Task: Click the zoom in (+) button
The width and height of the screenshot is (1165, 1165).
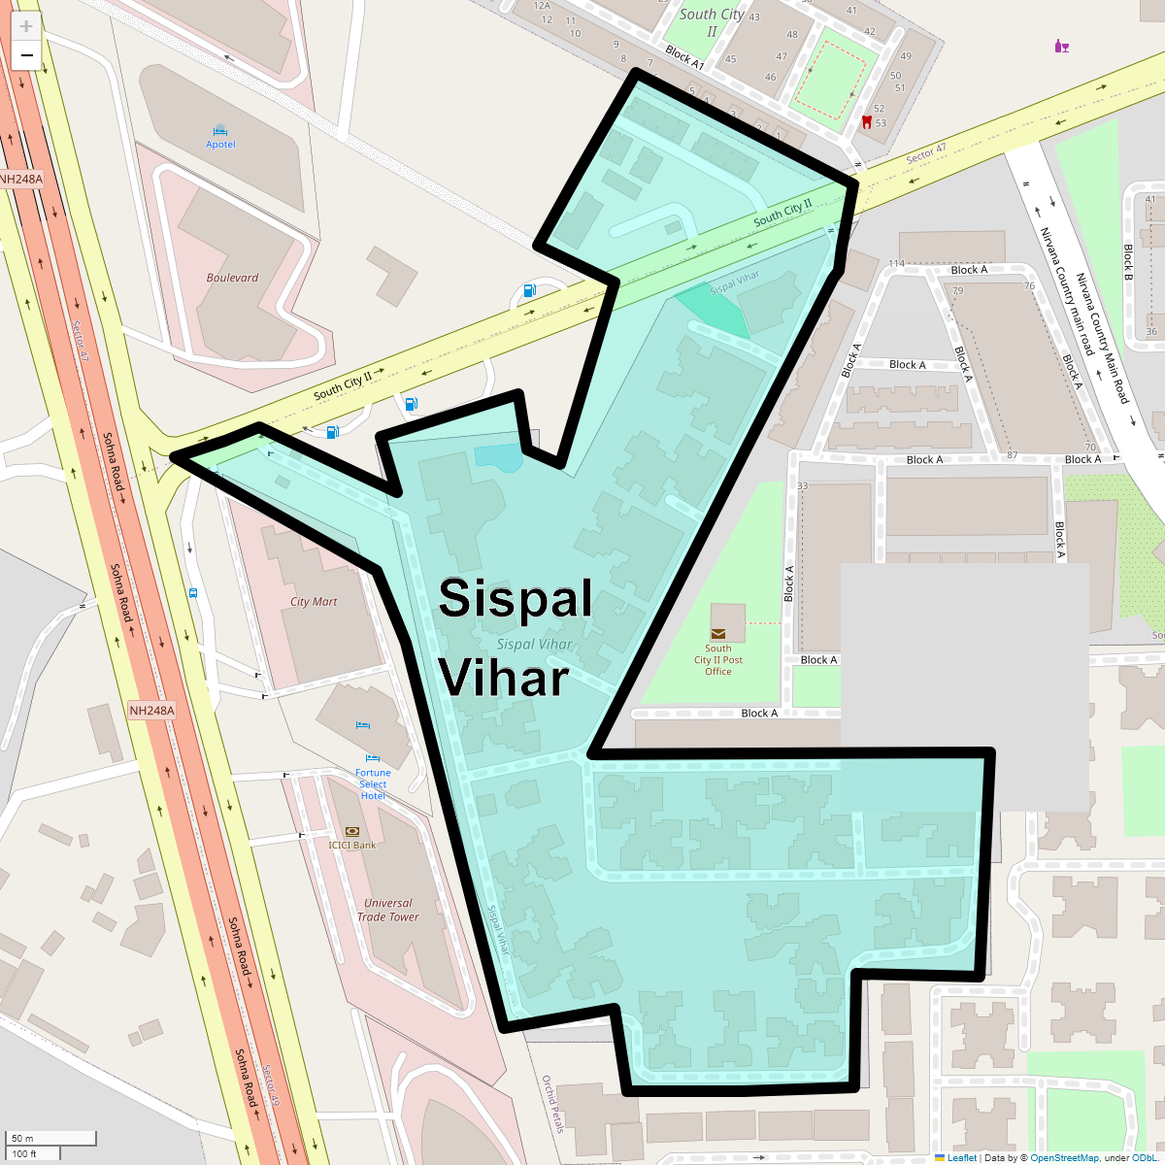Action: pos(26,27)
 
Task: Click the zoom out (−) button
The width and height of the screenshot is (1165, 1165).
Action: pos(26,55)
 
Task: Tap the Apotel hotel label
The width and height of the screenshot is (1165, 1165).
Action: pos(220,144)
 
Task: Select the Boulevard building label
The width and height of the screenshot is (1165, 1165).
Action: pos(232,278)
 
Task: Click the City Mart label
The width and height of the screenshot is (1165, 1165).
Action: pos(314,602)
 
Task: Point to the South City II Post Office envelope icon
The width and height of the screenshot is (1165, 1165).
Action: pos(718,634)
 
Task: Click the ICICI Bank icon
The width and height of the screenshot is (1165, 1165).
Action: pos(351,832)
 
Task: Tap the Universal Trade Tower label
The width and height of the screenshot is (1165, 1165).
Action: pos(388,910)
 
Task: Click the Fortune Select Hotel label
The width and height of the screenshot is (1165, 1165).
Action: pos(373,784)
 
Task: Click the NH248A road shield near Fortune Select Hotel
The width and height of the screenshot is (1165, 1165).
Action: pos(152,711)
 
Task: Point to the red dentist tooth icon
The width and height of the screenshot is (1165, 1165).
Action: pos(866,122)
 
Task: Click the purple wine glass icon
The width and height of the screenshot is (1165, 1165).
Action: pos(1060,46)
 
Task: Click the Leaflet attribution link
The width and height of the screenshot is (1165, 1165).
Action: pos(961,1157)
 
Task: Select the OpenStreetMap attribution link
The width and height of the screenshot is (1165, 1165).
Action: pos(1064,1157)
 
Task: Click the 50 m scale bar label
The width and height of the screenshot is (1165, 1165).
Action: pos(22,1138)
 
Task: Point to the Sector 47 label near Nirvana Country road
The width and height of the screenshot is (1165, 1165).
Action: pos(925,153)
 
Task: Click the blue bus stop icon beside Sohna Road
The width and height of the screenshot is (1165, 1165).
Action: pos(193,593)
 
